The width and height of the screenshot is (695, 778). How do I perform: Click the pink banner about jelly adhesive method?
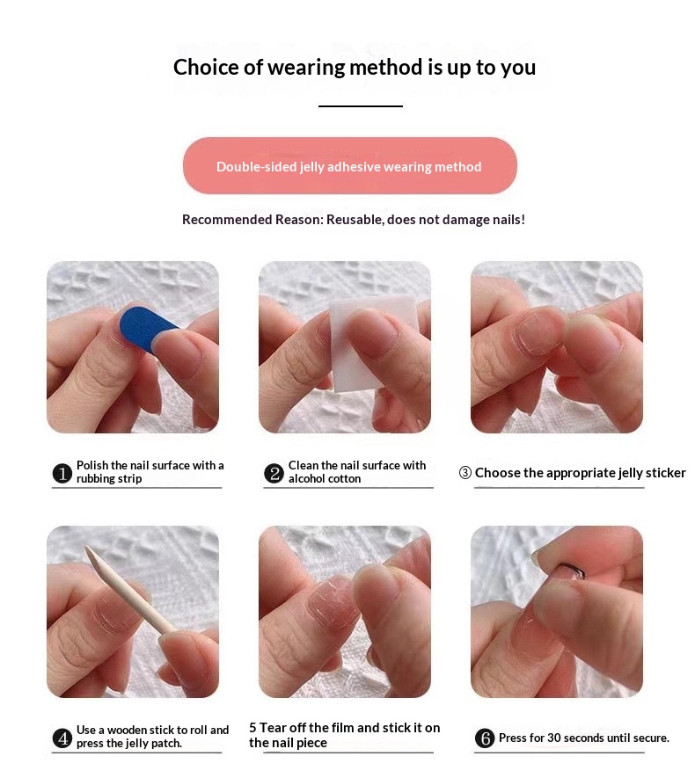click(350, 166)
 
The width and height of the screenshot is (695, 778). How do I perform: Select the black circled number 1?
click(62, 473)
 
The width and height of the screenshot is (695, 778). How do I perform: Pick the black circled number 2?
click(274, 473)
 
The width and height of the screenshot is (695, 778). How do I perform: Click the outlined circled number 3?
click(465, 472)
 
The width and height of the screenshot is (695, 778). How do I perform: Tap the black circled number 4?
click(62, 738)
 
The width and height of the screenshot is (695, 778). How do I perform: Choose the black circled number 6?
click(485, 738)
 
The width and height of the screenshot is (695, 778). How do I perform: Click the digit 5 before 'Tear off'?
click(252, 727)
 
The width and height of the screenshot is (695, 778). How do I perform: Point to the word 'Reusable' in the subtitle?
click(355, 219)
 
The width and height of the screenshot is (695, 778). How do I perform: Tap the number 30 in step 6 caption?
click(554, 738)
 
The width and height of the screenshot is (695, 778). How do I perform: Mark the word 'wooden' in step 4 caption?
click(127, 730)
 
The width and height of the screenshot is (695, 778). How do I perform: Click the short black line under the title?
click(361, 106)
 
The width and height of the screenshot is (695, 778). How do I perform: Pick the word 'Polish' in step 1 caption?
click(92, 465)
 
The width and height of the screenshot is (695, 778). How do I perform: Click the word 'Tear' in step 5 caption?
click(273, 727)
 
